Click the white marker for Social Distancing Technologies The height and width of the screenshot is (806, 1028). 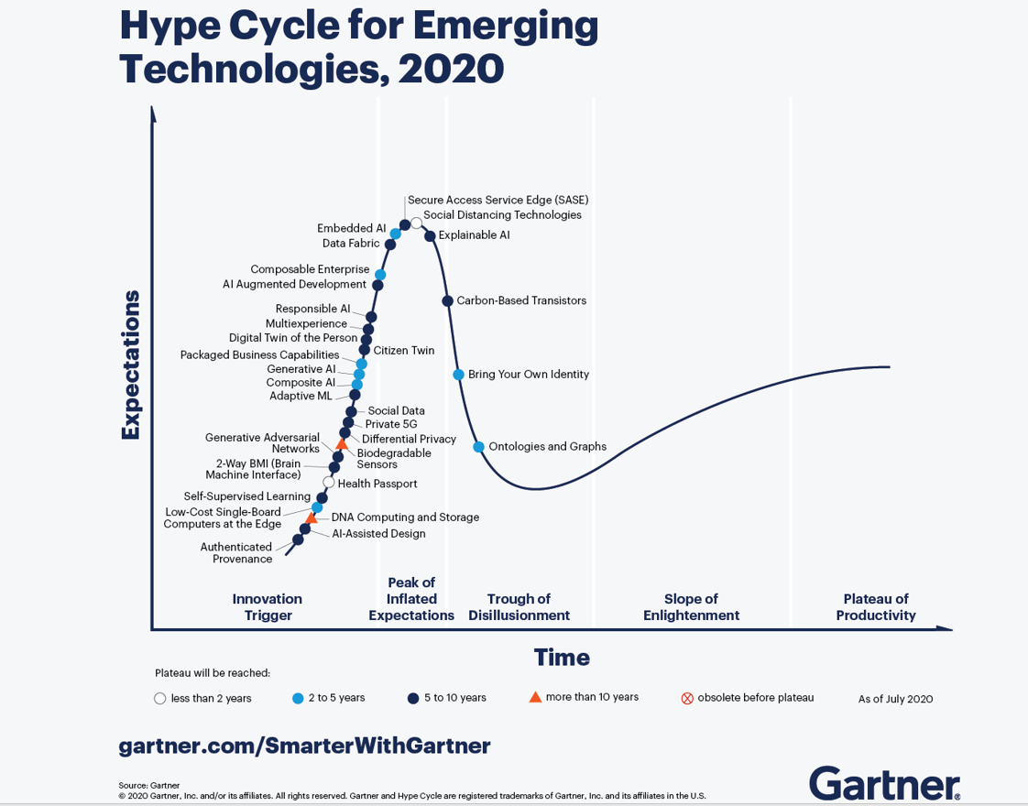417,223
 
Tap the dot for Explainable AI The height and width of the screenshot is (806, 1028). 430,236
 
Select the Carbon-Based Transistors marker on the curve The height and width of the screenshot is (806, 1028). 447,300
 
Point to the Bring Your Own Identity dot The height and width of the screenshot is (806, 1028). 458,375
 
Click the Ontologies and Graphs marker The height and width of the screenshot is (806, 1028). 478,447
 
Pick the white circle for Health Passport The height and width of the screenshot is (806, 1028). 329,483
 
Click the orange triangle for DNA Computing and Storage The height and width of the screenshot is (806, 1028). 312,518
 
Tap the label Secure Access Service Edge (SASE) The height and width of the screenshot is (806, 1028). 498,200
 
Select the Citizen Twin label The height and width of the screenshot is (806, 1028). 404,351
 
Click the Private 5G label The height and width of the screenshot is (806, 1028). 390,424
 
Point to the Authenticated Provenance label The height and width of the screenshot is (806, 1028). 236,553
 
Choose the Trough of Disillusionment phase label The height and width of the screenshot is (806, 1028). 519,607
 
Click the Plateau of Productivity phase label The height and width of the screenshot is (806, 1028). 876,607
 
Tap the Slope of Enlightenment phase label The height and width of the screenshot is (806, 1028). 691,607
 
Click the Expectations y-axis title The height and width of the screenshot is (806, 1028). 130,365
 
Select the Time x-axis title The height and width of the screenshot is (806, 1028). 562,658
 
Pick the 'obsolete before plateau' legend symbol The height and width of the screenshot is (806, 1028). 687,698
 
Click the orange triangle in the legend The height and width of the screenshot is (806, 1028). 535,697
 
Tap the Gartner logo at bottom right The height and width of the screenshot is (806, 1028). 884,784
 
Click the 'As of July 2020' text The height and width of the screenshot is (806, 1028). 895,699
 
